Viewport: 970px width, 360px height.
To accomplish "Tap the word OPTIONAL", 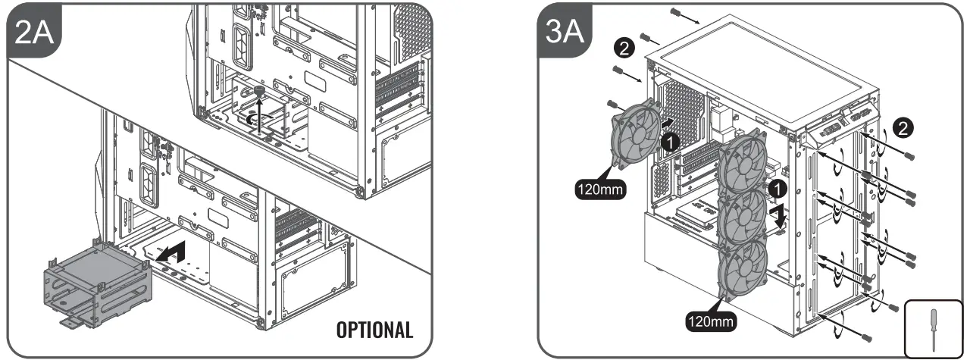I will click(x=375, y=330).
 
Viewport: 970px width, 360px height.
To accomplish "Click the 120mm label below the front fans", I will click(x=710, y=321).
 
